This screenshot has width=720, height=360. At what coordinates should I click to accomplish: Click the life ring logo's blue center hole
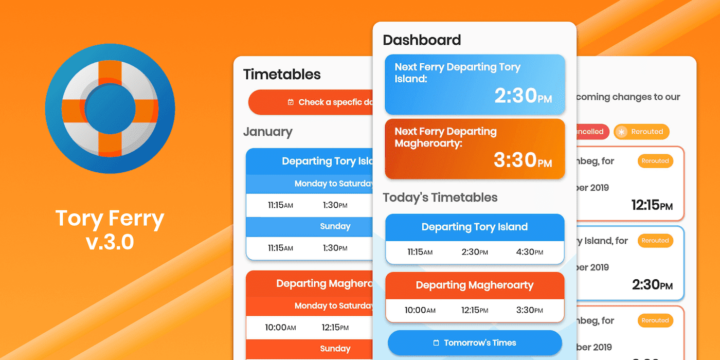pyautogui.click(x=110, y=109)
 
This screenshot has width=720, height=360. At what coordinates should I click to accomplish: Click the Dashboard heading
pyautogui.click(x=422, y=40)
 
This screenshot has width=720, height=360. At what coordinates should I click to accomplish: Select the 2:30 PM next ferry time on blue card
pyautogui.click(x=523, y=96)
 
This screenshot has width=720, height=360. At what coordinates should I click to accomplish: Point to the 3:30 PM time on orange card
pyautogui.click(x=523, y=160)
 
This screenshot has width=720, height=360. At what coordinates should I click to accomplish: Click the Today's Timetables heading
pyautogui.click(x=440, y=197)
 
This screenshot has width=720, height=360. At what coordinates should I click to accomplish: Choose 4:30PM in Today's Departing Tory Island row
pyautogui.click(x=529, y=253)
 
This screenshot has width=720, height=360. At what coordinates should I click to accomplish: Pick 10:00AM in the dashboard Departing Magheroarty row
pyautogui.click(x=420, y=311)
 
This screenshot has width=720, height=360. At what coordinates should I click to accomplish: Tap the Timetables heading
pyautogui.click(x=282, y=75)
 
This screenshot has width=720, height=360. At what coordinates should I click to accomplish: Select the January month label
pyautogui.click(x=267, y=132)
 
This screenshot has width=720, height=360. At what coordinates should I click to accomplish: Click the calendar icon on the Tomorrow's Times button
pyautogui.click(x=436, y=343)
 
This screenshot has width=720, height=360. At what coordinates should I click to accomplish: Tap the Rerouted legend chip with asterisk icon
pyautogui.click(x=641, y=132)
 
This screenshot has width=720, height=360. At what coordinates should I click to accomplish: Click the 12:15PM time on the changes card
pyautogui.click(x=652, y=205)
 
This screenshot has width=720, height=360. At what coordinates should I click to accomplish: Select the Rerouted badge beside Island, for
pyautogui.click(x=655, y=241)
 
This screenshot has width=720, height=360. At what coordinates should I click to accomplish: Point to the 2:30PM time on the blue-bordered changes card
pyautogui.click(x=652, y=285)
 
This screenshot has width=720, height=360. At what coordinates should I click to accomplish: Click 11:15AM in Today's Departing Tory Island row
pyautogui.click(x=420, y=253)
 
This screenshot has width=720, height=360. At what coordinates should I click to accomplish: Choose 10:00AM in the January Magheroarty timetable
pyautogui.click(x=280, y=327)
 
